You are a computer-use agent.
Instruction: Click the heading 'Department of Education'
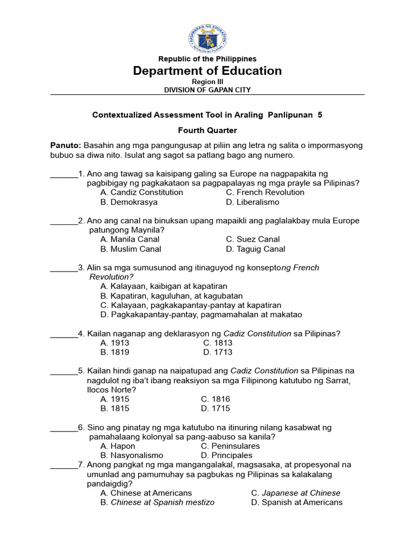[x=207, y=71]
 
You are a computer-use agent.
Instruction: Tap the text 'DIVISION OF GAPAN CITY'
[x=207, y=90]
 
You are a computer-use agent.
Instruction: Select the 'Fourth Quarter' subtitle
[x=207, y=130]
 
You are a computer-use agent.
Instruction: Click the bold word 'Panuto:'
[x=66, y=146]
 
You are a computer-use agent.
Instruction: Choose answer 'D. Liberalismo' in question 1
[x=252, y=202]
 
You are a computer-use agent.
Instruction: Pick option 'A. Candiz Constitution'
[x=142, y=192]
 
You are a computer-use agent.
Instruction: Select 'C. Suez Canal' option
[x=253, y=239]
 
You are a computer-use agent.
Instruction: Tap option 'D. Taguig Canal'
[x=255, y=249]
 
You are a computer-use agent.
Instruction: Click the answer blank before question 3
[x=64, y=268]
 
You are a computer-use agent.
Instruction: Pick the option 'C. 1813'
[x=218, y=343]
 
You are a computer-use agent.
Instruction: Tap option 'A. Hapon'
[x=118, y=446]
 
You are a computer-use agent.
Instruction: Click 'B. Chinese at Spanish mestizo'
[x=158, y=502]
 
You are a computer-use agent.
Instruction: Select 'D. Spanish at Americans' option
[x=297, y=502]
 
